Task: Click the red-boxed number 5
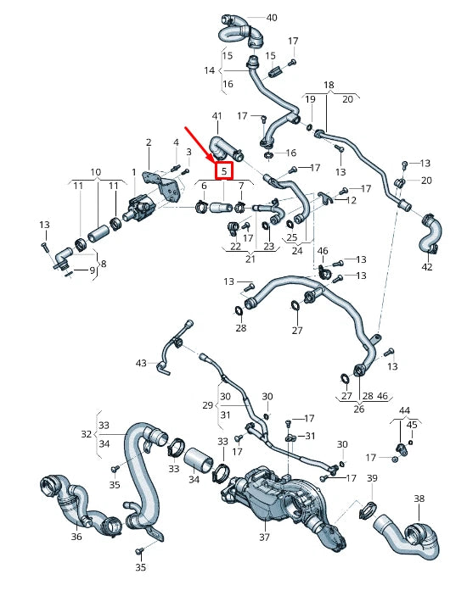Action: [224, 171]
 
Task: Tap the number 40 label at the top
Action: [271, 18]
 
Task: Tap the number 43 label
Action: [141, 363]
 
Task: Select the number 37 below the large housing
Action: [263, 537]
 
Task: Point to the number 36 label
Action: [76, 537]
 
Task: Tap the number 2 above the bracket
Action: [149, 142]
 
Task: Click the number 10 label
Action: [95, 172]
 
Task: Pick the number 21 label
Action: [250, 259]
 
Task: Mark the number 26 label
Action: [358, 409]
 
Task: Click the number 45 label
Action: [412, 425]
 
